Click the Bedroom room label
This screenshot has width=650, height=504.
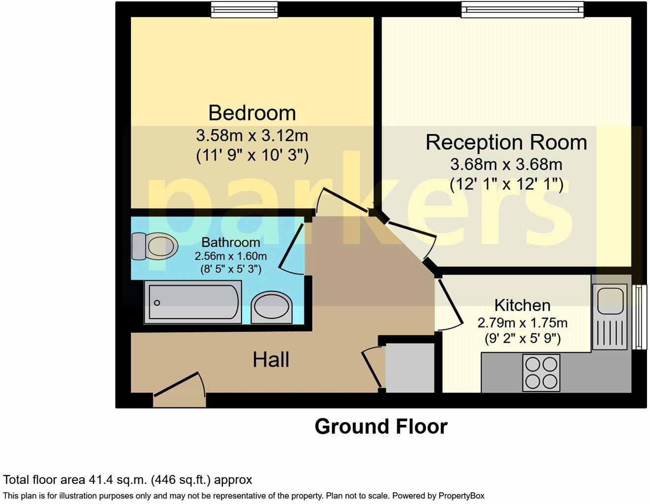[252, 113]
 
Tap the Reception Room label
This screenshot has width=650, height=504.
[506, 142]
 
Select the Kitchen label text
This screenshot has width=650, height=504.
[522, 305]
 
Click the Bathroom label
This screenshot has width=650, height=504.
[231, 242]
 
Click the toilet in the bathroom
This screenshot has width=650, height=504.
[155, 246]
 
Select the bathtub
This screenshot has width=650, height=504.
[193, 302]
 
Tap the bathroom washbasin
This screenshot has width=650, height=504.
[272, 308]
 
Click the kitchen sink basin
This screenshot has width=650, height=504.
[610, 301]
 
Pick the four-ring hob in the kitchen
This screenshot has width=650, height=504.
[541, 373]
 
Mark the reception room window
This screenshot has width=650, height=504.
[522, 9]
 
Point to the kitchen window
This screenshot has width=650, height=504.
[639, 317]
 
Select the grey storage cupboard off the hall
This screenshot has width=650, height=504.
[410, 368]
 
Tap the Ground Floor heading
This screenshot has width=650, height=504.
[381, 427]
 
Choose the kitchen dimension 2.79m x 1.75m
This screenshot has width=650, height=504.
[522, 323]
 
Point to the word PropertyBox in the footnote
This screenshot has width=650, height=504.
[461, 496]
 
